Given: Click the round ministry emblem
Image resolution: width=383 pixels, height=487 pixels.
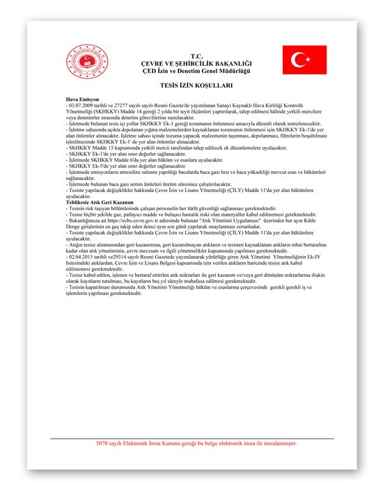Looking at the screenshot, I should [83, 63].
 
